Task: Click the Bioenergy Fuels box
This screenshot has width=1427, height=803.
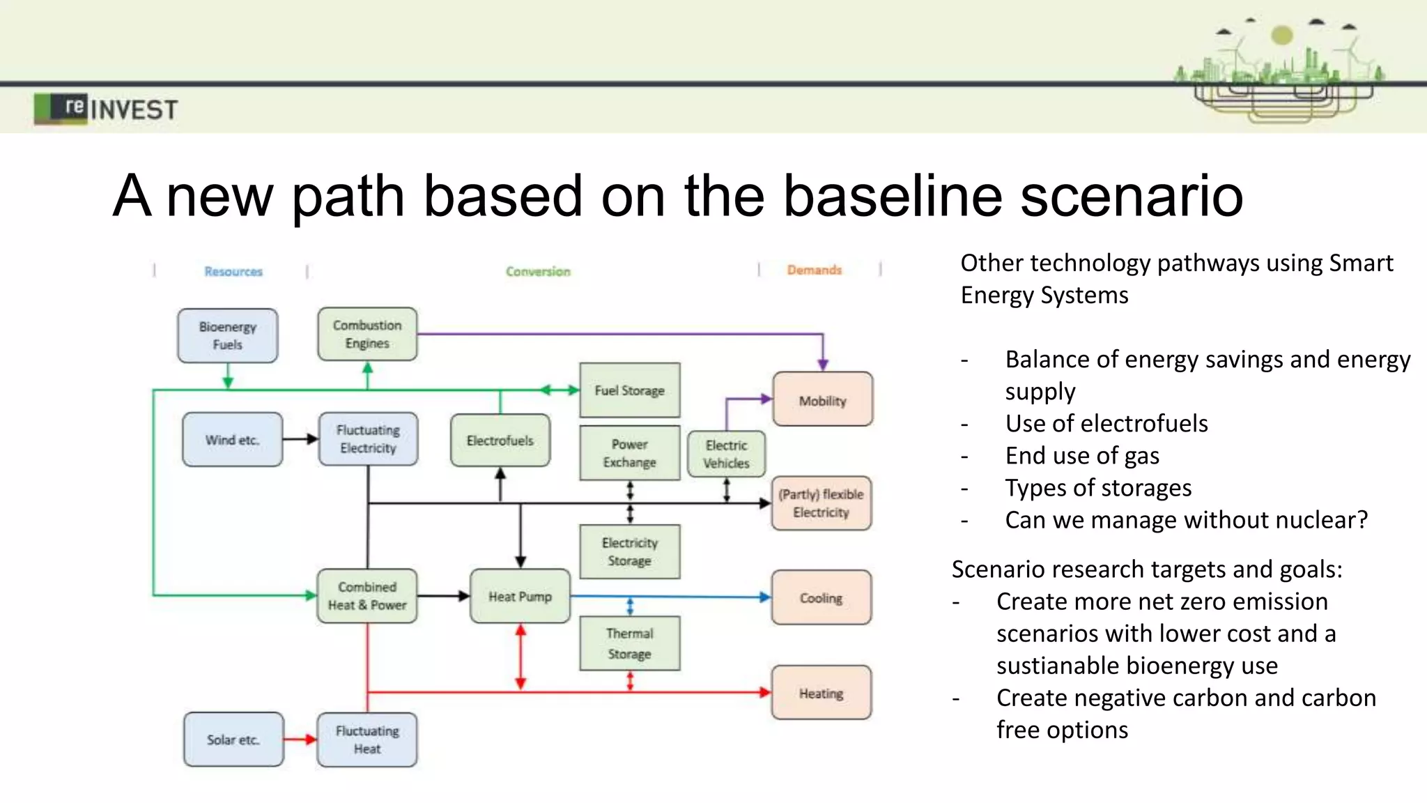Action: point(227,335)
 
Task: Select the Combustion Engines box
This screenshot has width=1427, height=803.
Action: point(367,334)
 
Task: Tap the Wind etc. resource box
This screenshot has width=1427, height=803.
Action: point(232,439)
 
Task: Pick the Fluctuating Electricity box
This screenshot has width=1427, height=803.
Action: point(368,438)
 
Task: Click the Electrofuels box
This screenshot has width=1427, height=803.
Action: point(500,440)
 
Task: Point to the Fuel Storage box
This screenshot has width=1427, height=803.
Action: point(629,390)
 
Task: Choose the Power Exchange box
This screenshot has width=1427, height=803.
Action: point(629,452)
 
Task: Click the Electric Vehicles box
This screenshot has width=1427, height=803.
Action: point(726,454)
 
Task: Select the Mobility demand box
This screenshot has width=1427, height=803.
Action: point(822,399)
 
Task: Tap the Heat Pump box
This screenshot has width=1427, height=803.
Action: point(520,596)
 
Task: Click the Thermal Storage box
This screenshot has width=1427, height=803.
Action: point(629,643)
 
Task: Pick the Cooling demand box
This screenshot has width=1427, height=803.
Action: point(821,597)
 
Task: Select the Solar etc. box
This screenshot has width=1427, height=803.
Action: point(233,739)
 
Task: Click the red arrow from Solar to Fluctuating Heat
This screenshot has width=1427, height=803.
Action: point(300,739)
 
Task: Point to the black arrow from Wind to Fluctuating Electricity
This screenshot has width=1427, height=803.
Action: point(300,439)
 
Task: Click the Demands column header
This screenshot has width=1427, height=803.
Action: point(814,270)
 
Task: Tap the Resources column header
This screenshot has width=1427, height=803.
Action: point(233,271)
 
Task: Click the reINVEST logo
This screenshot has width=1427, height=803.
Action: point(106,109)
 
